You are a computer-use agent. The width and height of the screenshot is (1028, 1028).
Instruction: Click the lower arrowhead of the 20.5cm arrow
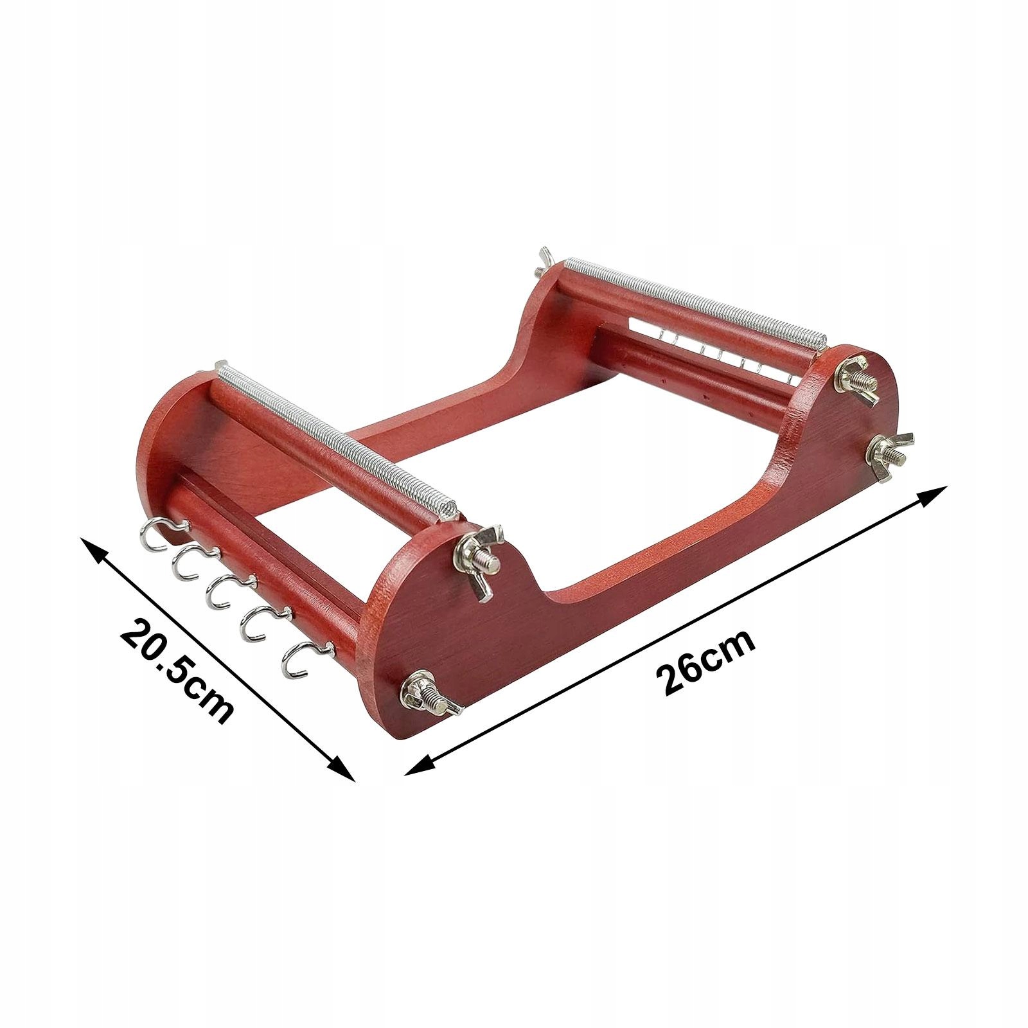point(337,765)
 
